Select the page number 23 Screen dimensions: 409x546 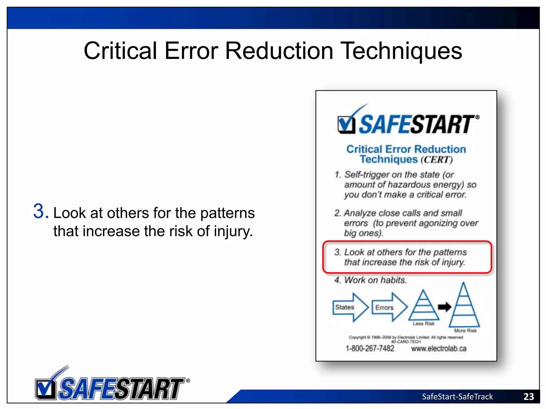[528, 396]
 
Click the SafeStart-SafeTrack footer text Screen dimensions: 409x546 [457, 396]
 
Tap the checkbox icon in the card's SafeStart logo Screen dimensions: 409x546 [346, 124]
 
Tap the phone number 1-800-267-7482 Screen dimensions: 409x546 [370, 348]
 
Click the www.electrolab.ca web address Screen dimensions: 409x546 [439, 348]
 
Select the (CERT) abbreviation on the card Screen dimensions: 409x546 [436, 160]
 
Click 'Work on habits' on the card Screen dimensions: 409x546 [375, 280]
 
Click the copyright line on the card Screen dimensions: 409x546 [406, 337]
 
